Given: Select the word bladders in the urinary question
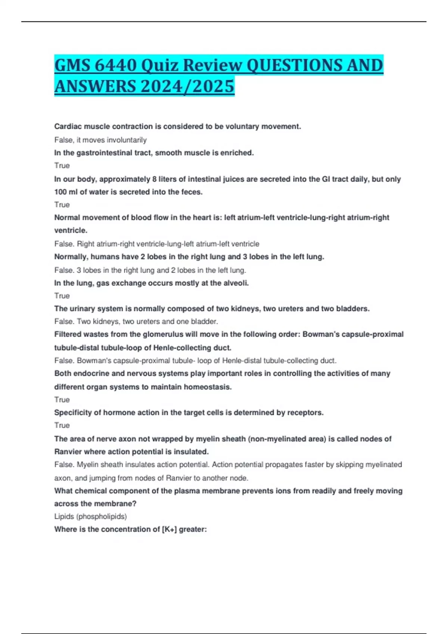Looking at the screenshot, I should (x=352, y=309).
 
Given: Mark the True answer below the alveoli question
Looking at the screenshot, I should (x=62, y=296).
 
